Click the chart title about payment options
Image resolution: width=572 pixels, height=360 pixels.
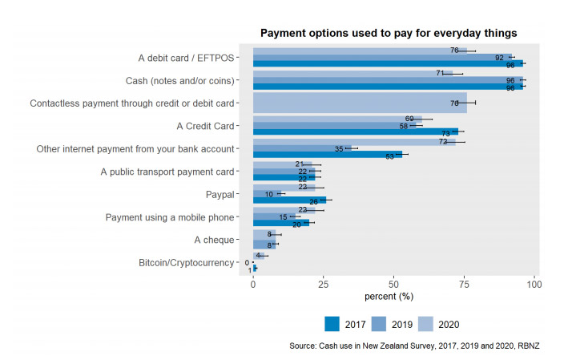point(389,33)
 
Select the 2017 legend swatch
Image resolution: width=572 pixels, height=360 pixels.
point(332,324)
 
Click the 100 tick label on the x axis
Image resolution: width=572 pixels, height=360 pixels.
point(535,285)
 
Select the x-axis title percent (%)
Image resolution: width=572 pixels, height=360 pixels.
point(389,297)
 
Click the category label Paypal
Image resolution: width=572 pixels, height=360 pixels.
point(220,195)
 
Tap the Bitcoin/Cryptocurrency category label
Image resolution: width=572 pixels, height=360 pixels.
point(187,263)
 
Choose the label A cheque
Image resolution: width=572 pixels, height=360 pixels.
point(214,240)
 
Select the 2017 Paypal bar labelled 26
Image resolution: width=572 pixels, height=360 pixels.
point(289,200)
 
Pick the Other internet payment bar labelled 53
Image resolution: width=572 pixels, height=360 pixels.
point(328,156)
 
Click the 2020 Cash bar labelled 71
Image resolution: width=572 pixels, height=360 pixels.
point(352,73)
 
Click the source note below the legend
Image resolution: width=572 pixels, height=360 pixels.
point(417,346)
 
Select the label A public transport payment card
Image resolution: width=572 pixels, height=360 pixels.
point(167,172)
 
